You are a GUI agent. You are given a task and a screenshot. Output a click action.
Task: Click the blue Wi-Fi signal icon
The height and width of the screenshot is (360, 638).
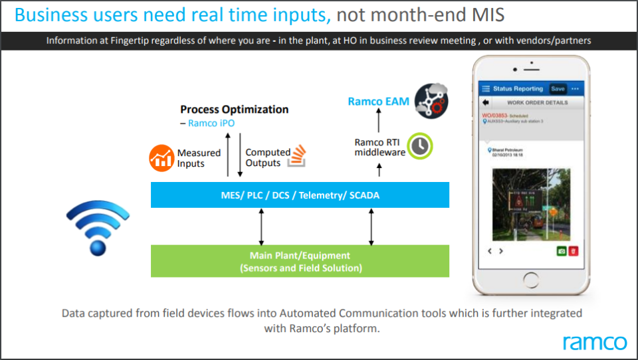click(x=98, y=229)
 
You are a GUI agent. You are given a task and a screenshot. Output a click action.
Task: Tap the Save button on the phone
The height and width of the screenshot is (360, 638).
click(x=558, y=88)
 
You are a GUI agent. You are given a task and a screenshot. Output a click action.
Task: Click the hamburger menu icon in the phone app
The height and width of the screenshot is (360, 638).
click(x=486, y=88)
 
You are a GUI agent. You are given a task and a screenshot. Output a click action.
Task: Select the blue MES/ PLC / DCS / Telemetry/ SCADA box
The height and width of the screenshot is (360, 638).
click(x=300, y=195)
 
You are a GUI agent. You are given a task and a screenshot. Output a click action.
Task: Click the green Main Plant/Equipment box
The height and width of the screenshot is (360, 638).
click(x=300, y=261)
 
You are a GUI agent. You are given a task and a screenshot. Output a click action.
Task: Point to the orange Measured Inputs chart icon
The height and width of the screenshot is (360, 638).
click(x=161, y=158)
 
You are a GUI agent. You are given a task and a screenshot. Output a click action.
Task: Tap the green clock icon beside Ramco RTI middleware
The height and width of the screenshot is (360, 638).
click(x=419, y=146)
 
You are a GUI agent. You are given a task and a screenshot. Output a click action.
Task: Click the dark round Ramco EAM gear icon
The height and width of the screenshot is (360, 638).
click(x=431, y=101)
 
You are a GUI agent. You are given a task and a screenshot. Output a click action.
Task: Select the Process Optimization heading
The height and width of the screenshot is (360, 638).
click(x=235, y=110)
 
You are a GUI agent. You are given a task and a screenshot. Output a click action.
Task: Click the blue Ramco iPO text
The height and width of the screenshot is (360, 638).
click(x=211, y=124)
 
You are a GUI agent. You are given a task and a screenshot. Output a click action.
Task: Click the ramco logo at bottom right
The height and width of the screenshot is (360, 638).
click(x=594, y=342)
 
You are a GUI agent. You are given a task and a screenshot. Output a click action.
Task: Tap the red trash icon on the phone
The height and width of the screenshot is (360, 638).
click(x=572, y=252)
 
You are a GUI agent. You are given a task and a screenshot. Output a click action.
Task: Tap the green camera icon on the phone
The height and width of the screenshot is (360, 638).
click(x=560, y=252)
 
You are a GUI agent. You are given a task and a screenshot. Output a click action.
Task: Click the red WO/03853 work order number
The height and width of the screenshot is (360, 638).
click(x=495, y=116)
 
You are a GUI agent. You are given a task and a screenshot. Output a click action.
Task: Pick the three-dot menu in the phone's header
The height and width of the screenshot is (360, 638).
click(x=576, y=88)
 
